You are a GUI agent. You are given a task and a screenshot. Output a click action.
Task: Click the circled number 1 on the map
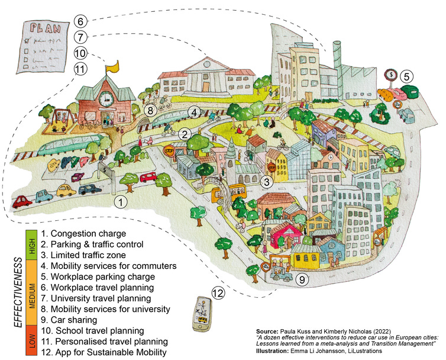point(121,202)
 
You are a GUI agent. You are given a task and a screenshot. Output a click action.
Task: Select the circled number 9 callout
point(302,279)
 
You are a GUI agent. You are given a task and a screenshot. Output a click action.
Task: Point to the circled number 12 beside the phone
point(219,292)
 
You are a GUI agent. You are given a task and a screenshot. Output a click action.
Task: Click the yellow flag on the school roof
point(112,66)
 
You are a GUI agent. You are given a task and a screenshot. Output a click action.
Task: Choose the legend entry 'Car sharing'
point(70,319)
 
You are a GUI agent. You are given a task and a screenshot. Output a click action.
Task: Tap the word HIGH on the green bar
point(30,242)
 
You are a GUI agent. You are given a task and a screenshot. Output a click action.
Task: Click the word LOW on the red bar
point(30,341)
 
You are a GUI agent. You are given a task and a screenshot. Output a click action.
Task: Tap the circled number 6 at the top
point(82,21)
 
